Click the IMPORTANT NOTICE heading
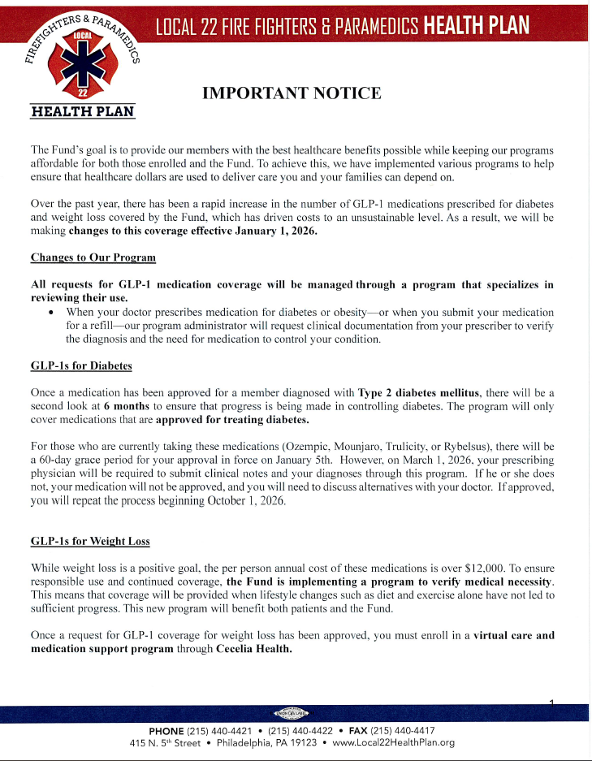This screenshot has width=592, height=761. point(291,93)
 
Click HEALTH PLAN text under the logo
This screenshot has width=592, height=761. point(82,111)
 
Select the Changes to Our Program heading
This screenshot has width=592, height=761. point(93,257)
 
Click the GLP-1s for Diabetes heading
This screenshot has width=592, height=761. point(81,366)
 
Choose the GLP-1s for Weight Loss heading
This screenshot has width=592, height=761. point(90,542)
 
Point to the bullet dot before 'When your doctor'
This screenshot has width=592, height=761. point(52,313)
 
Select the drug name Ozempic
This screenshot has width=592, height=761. point(305,447)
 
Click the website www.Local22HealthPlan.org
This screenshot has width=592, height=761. point(393,742)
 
